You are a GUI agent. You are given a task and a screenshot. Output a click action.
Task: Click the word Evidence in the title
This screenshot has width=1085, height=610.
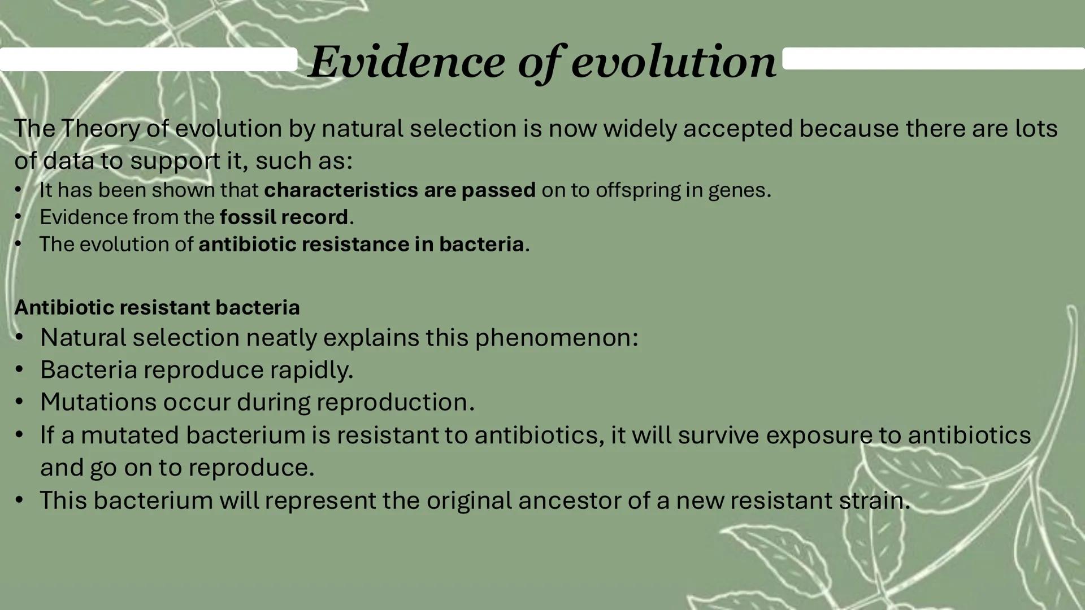407,62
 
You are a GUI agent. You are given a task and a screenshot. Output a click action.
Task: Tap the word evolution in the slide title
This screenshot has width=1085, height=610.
674,62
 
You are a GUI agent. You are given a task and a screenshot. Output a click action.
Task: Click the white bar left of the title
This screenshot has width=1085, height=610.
148,59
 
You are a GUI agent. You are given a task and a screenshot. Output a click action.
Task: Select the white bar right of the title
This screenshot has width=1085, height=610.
932,58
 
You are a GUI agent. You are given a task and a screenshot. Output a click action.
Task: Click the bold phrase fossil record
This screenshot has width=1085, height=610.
284,217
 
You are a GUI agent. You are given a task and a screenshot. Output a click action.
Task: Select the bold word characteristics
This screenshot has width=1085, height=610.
341,190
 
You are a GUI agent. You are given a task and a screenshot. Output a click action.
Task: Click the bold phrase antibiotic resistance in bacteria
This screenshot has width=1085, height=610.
361,245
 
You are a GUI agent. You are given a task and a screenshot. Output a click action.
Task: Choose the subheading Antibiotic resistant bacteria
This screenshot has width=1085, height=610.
157,308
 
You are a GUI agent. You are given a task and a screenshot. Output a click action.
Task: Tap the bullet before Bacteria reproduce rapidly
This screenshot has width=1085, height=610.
19,370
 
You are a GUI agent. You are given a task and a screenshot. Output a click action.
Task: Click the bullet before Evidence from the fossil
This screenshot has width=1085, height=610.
18,217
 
